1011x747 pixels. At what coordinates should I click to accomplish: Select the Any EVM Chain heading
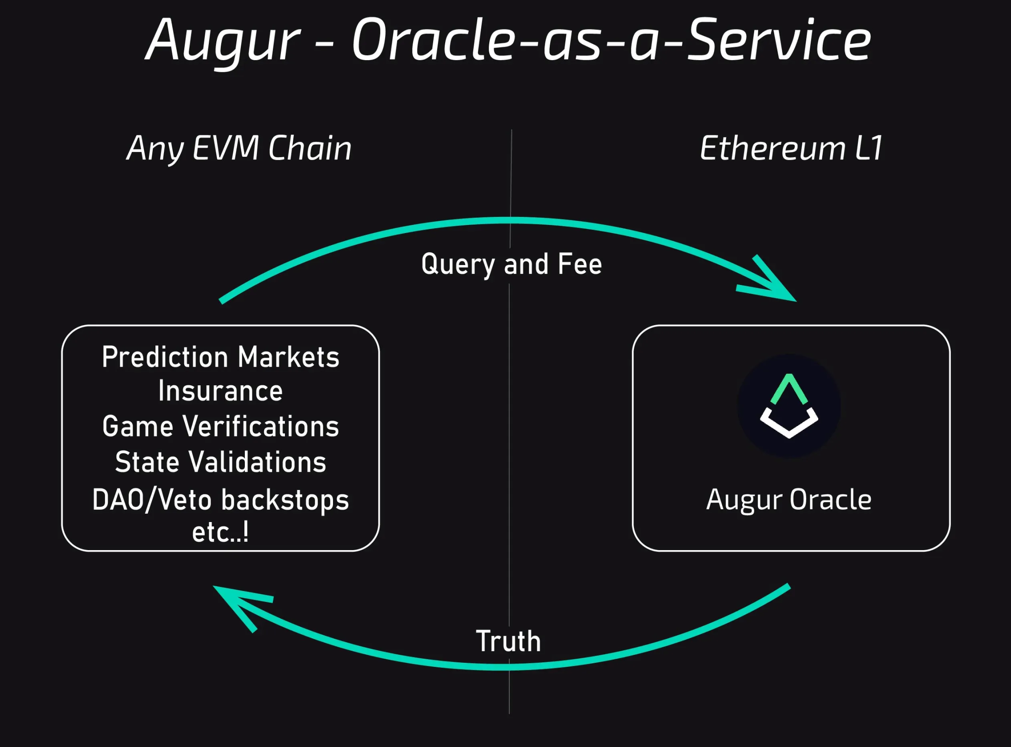click(239, 148)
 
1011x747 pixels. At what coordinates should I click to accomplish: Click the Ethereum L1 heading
click(791, 148)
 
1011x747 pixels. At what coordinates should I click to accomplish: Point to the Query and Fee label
click(511, 264)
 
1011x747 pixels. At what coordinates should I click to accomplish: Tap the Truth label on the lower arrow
click(508, 641)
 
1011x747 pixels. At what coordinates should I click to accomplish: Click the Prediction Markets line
click(220, 357)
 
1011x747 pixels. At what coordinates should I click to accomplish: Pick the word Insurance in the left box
click(220, 391)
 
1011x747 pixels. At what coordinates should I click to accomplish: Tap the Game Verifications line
click(220, 426)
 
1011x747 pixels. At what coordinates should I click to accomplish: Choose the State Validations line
click(220, 461)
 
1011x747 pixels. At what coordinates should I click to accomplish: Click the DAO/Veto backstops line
click(220, 500)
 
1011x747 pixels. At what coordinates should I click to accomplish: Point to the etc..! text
click(220, 532)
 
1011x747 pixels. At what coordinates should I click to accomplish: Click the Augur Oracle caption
click(789, 500)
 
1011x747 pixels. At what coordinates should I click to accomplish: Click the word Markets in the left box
click(288, 357)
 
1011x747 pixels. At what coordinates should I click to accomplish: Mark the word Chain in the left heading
click(309, 148)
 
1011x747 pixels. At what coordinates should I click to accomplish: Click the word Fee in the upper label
click(580, 264)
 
